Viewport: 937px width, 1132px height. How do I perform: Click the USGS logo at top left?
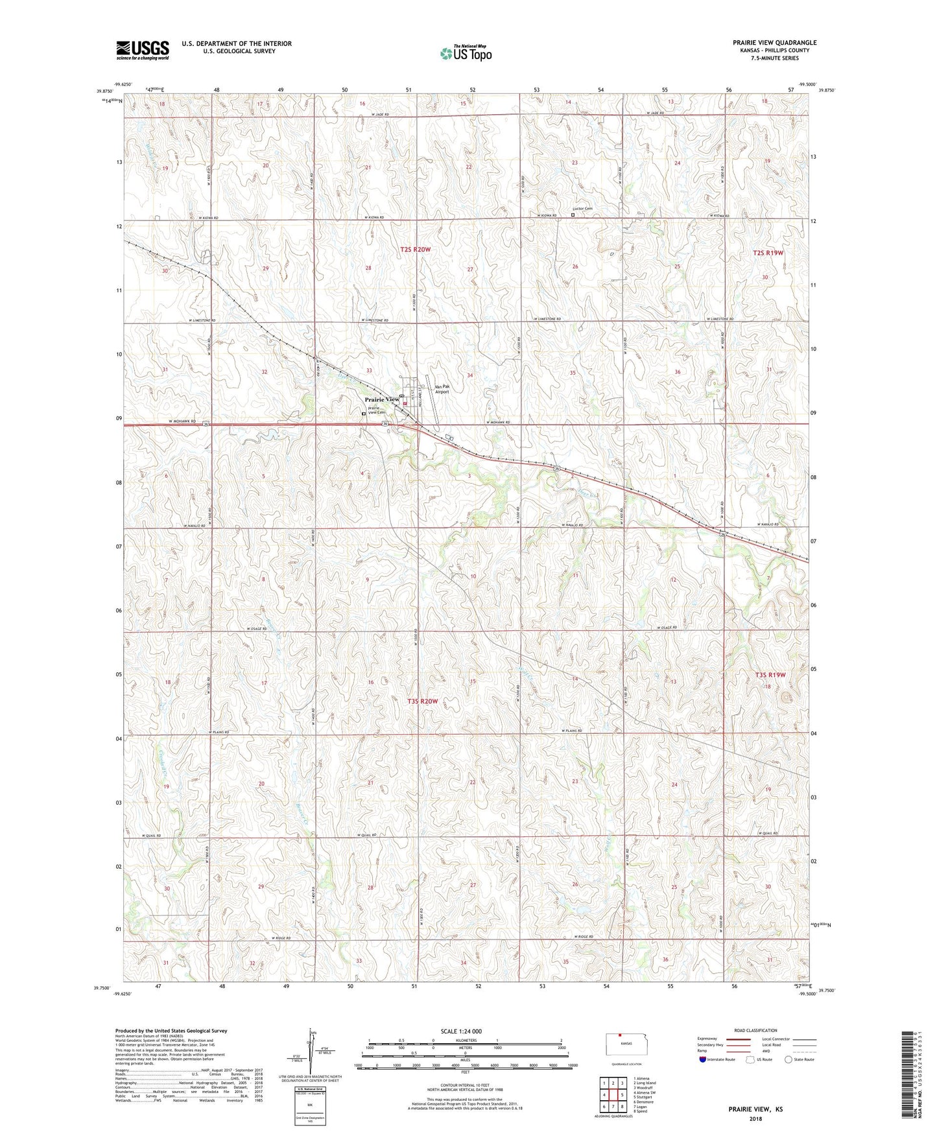point(143,50)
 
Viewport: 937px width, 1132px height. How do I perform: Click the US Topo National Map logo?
point(466,53)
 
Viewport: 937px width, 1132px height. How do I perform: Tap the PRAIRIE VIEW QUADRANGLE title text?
point(774,43)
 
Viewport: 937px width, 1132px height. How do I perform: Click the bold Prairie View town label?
point(382,399)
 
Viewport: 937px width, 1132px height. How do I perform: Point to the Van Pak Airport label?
point(442,389)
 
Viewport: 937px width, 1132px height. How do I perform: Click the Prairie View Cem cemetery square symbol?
point(364,412)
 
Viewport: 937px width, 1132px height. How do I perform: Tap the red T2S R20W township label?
point(415,249)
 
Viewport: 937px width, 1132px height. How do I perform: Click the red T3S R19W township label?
point(770,675)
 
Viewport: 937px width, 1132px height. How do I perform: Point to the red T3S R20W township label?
point(423,702)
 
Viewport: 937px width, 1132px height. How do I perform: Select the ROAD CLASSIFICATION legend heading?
point(755,1030)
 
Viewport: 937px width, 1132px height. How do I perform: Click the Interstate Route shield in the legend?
point(703,1060)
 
